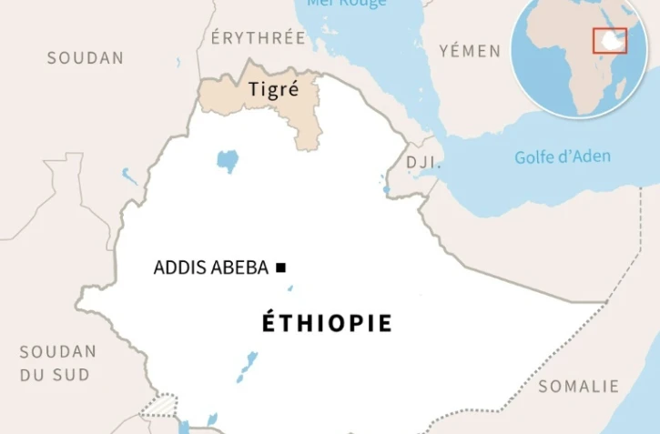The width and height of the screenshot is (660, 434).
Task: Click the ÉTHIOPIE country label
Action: point(328,323)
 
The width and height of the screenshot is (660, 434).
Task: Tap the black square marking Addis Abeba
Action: point(281,267)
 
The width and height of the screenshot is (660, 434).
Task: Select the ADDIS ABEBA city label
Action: point(210,267)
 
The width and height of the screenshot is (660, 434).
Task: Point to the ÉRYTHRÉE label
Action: point(258,38)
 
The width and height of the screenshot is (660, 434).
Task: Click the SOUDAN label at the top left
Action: point(86,57)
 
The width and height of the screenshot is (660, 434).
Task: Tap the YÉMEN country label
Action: point(470,50)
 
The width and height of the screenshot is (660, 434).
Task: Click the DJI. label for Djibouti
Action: point(423,163)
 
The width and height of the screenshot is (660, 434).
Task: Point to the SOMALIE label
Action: point(579,386)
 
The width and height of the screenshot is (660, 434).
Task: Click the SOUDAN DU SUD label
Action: point(57,362)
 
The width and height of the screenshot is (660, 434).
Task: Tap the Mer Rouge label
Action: point(347,4)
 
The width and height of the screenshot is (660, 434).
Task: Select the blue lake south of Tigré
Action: point(228,161)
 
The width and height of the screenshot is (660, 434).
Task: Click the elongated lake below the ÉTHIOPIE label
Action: point(247,366)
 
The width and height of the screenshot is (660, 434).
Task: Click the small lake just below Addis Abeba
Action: point(290,288)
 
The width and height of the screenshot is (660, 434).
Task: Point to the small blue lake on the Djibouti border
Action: point(386,190)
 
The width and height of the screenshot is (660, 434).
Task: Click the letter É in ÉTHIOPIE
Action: point(269,322)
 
